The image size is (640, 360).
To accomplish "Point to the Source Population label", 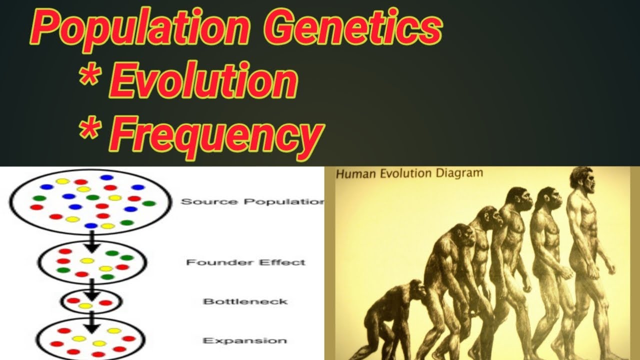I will click(252, 201).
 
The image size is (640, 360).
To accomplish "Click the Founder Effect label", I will click(245, 262).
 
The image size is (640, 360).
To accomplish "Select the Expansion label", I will click(244, 340).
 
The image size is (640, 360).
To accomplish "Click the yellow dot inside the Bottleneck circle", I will click(86, 305).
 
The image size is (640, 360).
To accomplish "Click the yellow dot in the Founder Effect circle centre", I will click(87, 260).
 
